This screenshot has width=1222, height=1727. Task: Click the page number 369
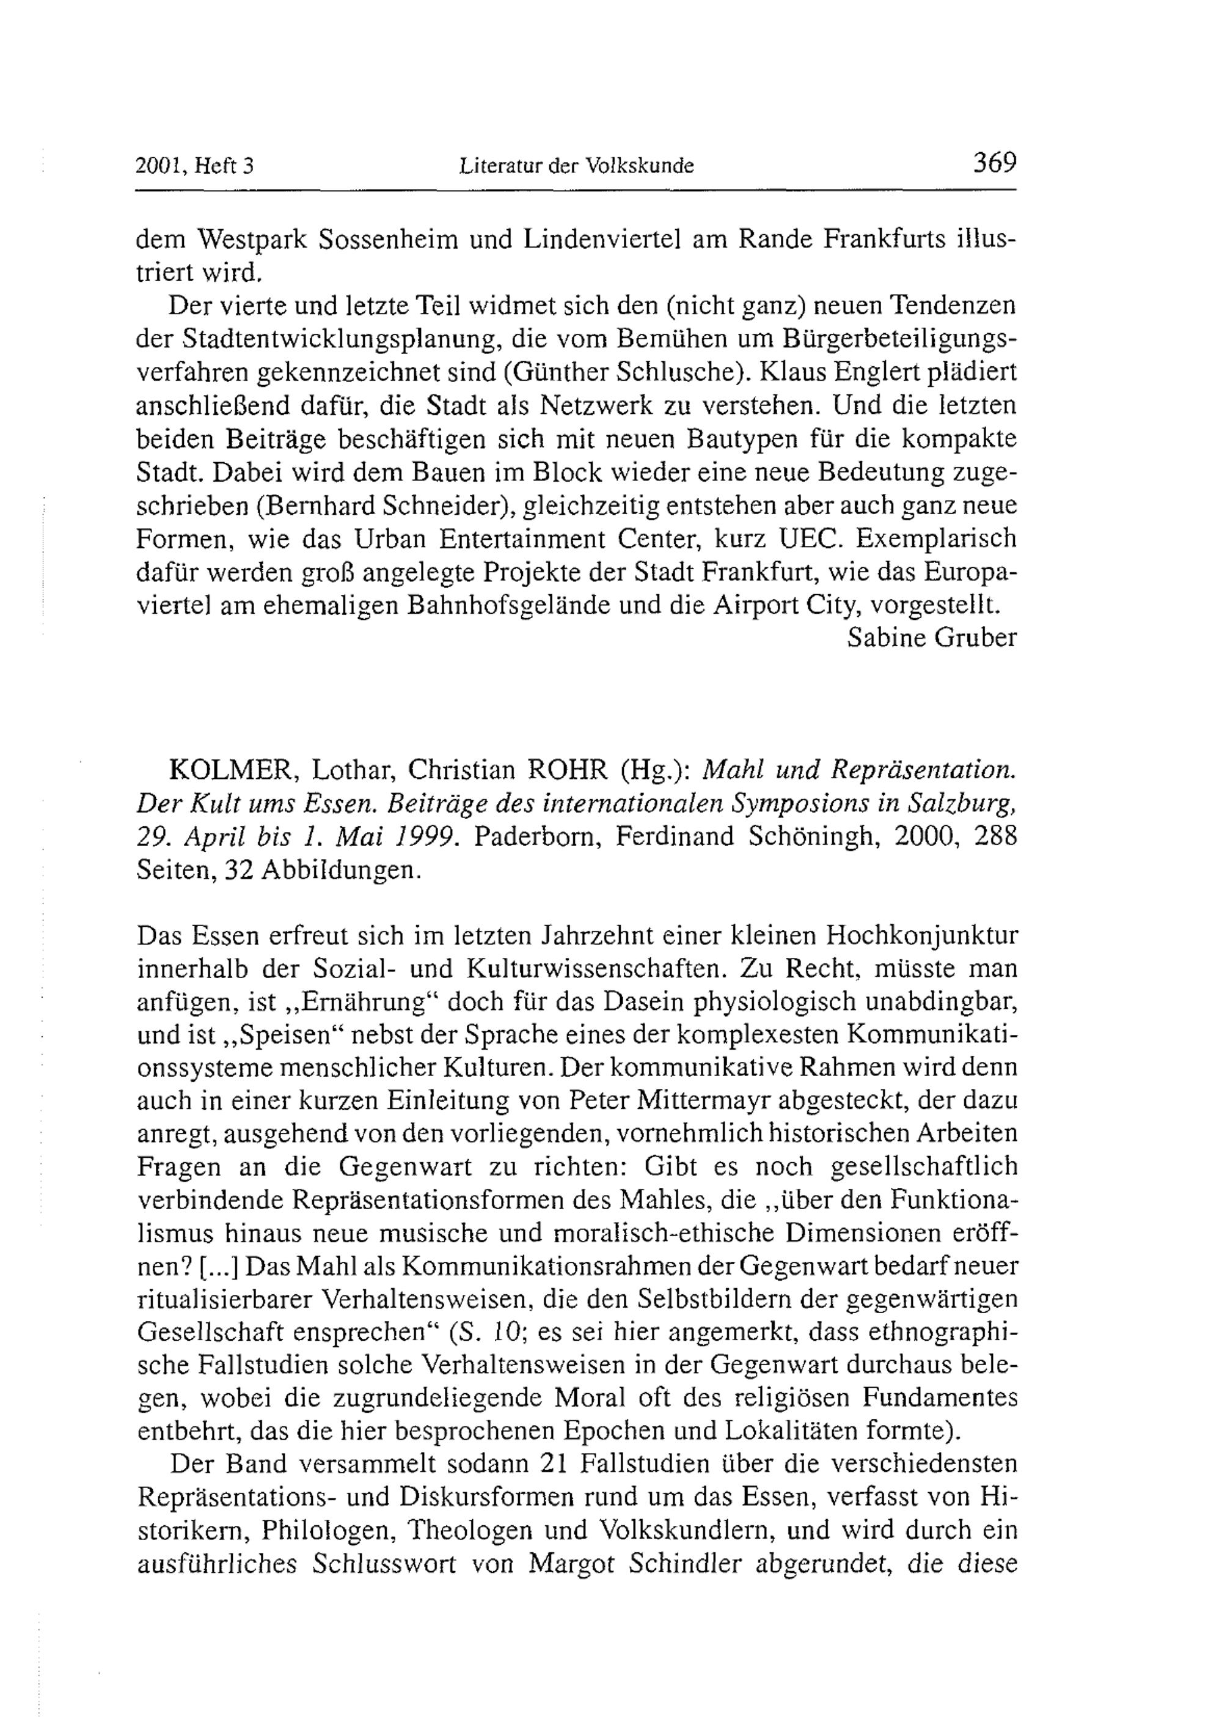[x=994, y=163]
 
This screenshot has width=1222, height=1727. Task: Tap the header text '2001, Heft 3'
[x=194, y=165]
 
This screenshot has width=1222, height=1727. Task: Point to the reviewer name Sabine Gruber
[x=932, y=638]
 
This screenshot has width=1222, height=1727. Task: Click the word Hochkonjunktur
[x=923, y=936]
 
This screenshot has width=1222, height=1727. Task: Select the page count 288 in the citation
[x=995, y=836]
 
